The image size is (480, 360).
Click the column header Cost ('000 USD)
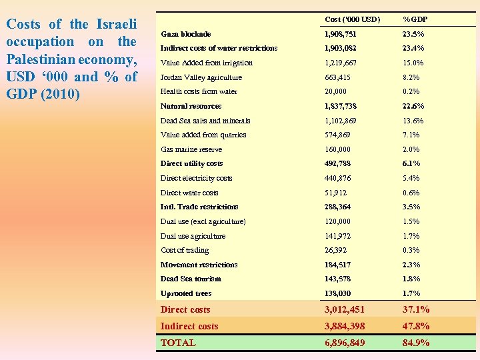point(352,19)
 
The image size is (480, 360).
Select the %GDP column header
point(415,19)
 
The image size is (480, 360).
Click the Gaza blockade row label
point(185,34)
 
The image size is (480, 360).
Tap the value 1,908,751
point(341,34)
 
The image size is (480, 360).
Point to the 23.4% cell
point(413,48)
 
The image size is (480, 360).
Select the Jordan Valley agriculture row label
point(201,77)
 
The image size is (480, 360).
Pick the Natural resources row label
point(191,106)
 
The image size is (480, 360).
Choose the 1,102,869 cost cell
point(341,121)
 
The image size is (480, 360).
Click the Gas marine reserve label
point(191,149)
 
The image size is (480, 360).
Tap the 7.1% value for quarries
point(411,135)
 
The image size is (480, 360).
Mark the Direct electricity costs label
point(196,178)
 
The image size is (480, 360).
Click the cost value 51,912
point(337,193)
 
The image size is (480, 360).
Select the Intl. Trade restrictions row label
point(199,207)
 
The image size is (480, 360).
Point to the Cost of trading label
point(185,250)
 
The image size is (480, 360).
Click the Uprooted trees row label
point(186,293)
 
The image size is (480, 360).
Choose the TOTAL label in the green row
point(178,343)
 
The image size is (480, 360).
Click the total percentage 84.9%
point(416,343)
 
